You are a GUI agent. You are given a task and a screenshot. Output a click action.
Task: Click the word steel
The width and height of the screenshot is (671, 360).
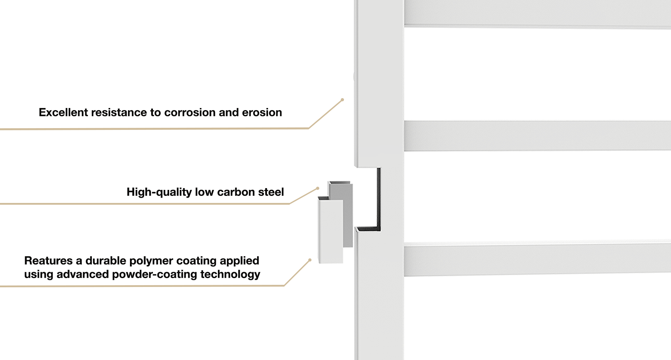pos(271,192)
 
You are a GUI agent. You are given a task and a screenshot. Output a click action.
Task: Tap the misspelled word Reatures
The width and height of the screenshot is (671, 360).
pos(48,260)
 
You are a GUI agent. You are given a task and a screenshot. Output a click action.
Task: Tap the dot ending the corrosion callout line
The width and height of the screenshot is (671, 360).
pos(342,100)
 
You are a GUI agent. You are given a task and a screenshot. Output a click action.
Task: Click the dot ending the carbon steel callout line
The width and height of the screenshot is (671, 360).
pos(317,188)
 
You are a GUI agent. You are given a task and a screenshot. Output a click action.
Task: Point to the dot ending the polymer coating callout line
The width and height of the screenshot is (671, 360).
pos(310,260)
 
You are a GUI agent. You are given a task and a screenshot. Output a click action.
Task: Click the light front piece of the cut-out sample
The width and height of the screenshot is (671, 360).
pos(331,231)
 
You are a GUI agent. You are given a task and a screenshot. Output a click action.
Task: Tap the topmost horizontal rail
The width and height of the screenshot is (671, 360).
pos(537,13)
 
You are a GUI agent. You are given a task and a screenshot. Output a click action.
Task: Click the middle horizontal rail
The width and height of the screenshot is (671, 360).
pos(537,136)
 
